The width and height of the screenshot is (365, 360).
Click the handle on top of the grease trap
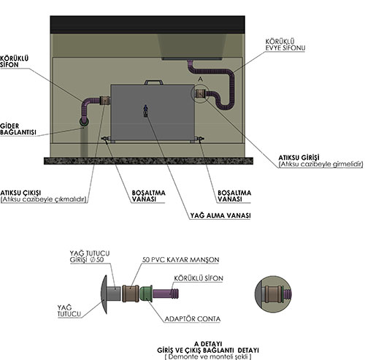(153, 81)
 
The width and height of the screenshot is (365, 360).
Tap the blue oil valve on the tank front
(145, 111)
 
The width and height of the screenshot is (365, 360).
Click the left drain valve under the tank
(106, 139)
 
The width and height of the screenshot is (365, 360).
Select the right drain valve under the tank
(200, 139)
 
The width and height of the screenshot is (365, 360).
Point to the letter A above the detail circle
(200, 79)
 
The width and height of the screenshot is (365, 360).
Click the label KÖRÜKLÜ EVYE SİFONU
(285, 45)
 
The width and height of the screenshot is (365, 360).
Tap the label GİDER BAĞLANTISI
(18, 129)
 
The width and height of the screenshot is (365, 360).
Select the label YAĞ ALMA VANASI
(220, 215)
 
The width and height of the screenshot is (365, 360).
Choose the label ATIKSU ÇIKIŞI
(20, 193)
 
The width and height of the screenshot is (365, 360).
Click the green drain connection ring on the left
(84, 123)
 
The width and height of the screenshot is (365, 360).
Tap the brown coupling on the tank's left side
(105, 101)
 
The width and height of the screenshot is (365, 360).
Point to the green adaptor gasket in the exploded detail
(146, 294)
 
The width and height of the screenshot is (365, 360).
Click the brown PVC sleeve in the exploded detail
(131, 294)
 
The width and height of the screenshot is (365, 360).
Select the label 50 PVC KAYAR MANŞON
(180, 260)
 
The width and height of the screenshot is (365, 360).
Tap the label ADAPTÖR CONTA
(193, 318)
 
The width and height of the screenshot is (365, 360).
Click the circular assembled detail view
(273, 294)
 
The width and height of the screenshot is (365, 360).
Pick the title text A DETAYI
(208, 344)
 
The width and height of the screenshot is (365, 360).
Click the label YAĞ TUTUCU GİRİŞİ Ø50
(90, 256)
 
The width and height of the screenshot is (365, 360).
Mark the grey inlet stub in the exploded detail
(114, 294)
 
